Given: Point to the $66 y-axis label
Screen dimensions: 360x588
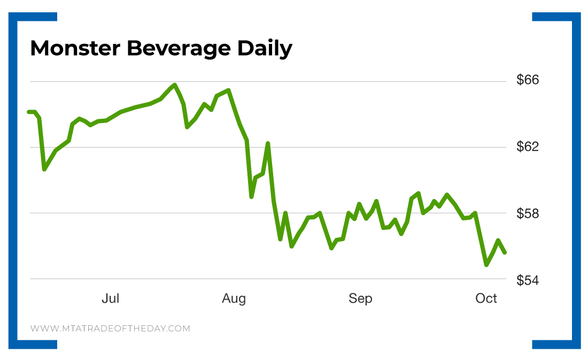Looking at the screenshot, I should pos(528,80).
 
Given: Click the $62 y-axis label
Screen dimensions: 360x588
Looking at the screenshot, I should pos(528,147).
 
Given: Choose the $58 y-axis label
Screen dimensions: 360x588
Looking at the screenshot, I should pos(528,213).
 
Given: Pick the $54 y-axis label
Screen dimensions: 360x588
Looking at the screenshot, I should pos(528,279).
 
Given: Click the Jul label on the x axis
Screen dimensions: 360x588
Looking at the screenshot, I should pos(110,298).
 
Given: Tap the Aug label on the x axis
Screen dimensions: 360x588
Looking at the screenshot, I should pos(234,298).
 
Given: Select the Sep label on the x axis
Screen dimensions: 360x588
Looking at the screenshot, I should pos(360,298).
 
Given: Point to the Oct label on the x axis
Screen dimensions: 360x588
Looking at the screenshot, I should pos(486,298).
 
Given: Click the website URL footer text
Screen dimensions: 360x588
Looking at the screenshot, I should pos(110,328).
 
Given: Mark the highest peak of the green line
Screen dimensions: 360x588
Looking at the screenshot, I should pos(174,85).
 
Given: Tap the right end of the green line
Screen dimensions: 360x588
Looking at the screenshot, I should pos(505,252).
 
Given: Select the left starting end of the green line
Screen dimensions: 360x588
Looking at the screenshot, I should pos(29,112).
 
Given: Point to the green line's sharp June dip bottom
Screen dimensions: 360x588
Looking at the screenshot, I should pos(45,169).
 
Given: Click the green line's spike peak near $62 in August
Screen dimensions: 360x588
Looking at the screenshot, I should pos(268,143).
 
